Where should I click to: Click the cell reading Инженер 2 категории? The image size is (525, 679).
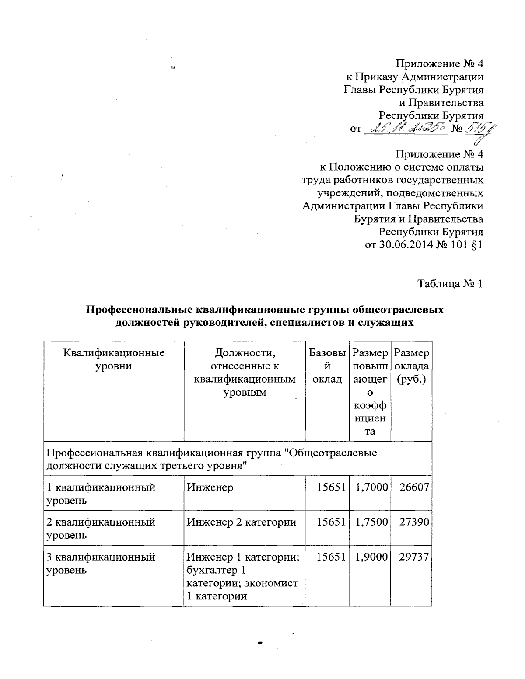(241, 522)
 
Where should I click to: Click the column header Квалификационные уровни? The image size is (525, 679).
(114, 359)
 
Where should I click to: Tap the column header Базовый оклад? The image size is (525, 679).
(327, 366)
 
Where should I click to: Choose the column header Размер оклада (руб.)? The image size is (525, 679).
(411, 366)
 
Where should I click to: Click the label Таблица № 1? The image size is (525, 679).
(450, 284)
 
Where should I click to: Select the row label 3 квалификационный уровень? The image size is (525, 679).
(101, 564)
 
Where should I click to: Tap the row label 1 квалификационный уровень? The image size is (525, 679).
(101, 494)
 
